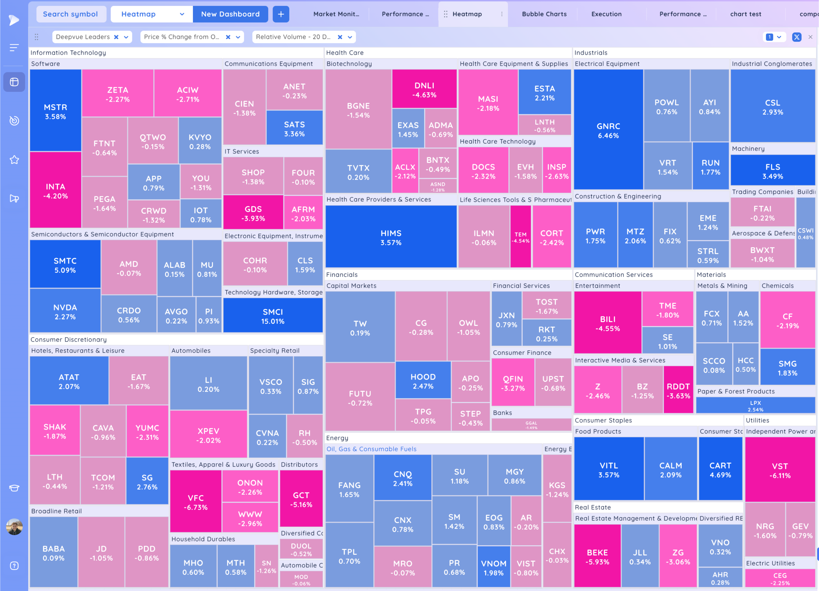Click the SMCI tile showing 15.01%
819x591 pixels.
coord(273,316)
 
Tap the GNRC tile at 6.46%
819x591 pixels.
coord(608,130)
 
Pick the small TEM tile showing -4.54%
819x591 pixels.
coord(520,237)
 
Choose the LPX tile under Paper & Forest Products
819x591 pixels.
coord(755,405)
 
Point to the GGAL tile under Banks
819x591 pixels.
coord(531,425)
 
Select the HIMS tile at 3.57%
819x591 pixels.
coord(391,237)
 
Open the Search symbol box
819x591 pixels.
coord(70,14)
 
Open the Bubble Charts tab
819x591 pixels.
coord(544,14)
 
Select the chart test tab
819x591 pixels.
coord(745,14)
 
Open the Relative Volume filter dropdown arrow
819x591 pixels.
coord(350,37)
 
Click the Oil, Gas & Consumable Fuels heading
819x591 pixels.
coord(371,449)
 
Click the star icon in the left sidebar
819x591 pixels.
coord(14,160)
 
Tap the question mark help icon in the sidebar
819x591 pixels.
coord(14,565)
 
